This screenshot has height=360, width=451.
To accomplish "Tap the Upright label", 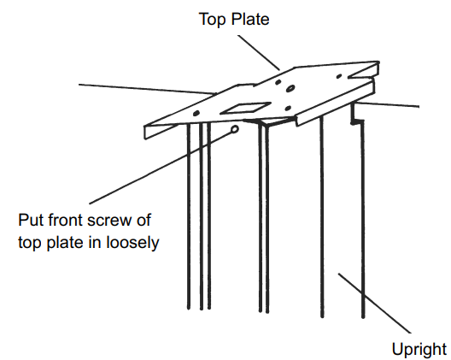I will click(419, 348).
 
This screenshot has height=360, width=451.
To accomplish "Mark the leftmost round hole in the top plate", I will click(196, 114).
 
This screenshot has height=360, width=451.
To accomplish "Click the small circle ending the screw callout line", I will click(235, 130).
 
